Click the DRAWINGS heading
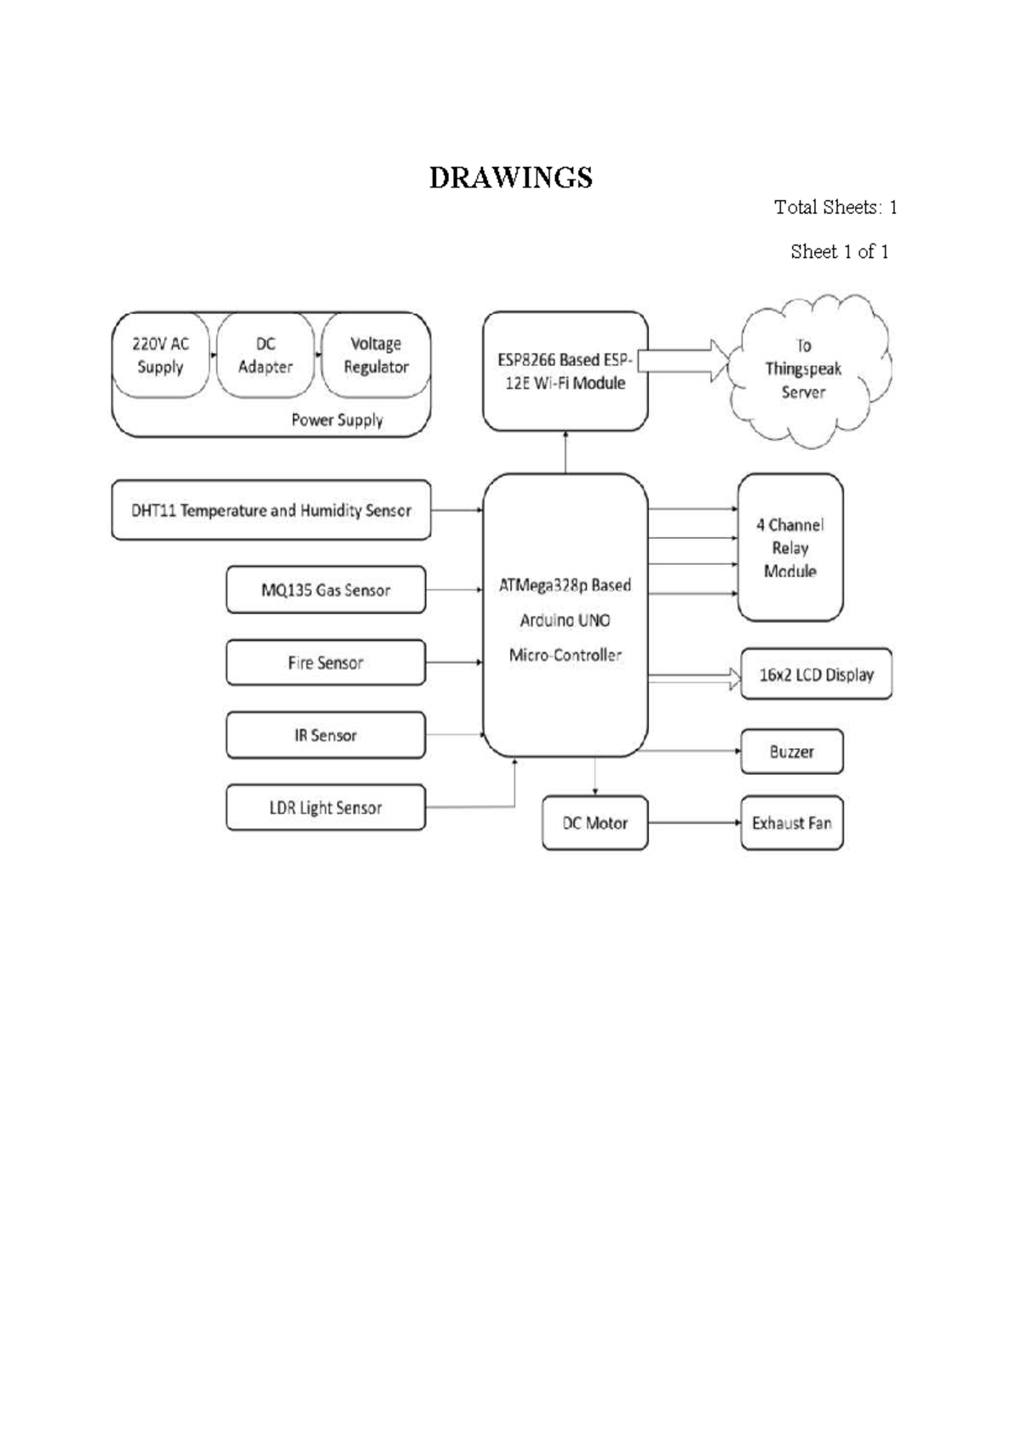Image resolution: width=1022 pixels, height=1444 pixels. point(511,178)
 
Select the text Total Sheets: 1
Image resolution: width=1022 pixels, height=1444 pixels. point(835,207)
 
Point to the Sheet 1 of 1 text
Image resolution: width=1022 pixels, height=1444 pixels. point(839,251)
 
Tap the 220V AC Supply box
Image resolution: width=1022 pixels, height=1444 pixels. point(161,354)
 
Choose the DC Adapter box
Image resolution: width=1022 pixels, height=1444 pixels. point(265,354)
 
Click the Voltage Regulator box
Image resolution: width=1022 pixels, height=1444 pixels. point(376,354)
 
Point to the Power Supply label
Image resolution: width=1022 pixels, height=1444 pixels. point(336,421)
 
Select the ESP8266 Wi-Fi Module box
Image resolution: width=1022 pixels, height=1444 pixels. point(566,371)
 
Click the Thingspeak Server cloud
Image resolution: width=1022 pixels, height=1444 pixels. point(810,370)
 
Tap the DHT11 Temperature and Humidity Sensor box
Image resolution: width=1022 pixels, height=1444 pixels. point(271,510)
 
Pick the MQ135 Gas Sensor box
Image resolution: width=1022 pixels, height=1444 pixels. point(325,590)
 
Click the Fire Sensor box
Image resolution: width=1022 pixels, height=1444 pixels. point(325,662)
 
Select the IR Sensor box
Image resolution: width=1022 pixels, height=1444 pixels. point(325,735)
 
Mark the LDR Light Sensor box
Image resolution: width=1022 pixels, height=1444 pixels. point(325,807)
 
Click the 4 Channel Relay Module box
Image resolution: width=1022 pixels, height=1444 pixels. point(790,547)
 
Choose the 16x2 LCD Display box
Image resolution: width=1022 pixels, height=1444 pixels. point(816,674)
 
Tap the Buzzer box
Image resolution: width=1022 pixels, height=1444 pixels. point(792,752)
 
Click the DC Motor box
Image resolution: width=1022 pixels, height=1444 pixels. point(595,822)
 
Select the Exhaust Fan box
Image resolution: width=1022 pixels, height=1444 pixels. point(792,822)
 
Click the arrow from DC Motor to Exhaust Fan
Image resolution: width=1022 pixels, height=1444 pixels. point(694,822)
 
